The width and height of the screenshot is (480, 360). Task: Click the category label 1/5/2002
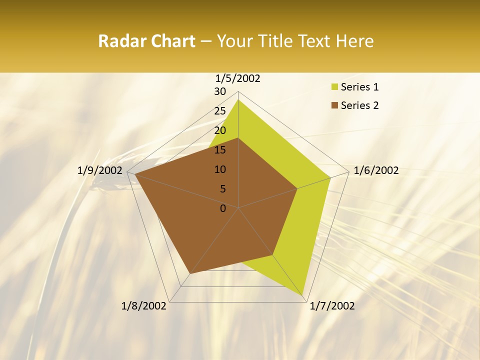tap(238, 78)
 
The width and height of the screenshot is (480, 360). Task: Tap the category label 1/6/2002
tap(376, 170)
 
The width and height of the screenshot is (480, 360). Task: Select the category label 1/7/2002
tap(332, 306)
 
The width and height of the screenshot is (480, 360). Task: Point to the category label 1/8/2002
tap(144, 306)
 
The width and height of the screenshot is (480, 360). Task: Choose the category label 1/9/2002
tap(99, 170)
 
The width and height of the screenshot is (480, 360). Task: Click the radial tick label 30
tap(220, 91)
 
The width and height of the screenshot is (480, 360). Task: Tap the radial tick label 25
tap(220, 111)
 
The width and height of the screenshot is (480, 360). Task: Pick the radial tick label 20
tap(220, 130)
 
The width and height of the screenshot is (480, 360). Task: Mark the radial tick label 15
tap(220, 150)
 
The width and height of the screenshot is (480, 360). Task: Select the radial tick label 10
tap(220, 169)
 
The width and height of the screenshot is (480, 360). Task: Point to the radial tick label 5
tap(222, 189)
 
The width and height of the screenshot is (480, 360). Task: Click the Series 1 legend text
tap(359, 87)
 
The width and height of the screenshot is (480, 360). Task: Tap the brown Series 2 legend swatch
tap(334, 105)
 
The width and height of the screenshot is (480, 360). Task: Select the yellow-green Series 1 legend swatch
tap(334, 87)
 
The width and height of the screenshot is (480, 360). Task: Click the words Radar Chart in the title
tap(146, 41)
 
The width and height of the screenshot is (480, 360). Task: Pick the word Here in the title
tap(354, 41)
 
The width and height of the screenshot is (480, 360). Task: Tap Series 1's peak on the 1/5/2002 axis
tap(238, 99)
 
